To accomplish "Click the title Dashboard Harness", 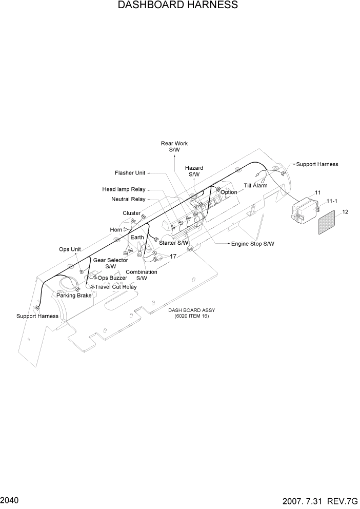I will point(177,6).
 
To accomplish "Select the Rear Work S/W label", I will point(174,147).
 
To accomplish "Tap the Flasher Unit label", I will point(130,173).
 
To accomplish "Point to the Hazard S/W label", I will point(194,171).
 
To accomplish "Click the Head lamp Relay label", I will point(124,189).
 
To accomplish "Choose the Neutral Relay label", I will point(128,199).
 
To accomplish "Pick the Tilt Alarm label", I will point(255,186).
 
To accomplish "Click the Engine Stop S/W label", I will point(252,244).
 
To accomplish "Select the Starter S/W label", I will point(174,243).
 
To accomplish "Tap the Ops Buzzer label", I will point(112,278).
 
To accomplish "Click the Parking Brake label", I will point(74,296).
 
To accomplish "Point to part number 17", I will point(173,256).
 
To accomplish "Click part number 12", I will point(345,212).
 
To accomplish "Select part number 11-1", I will point(332,201).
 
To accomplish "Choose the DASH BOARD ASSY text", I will point(192,310).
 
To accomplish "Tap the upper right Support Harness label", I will point(317,164).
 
